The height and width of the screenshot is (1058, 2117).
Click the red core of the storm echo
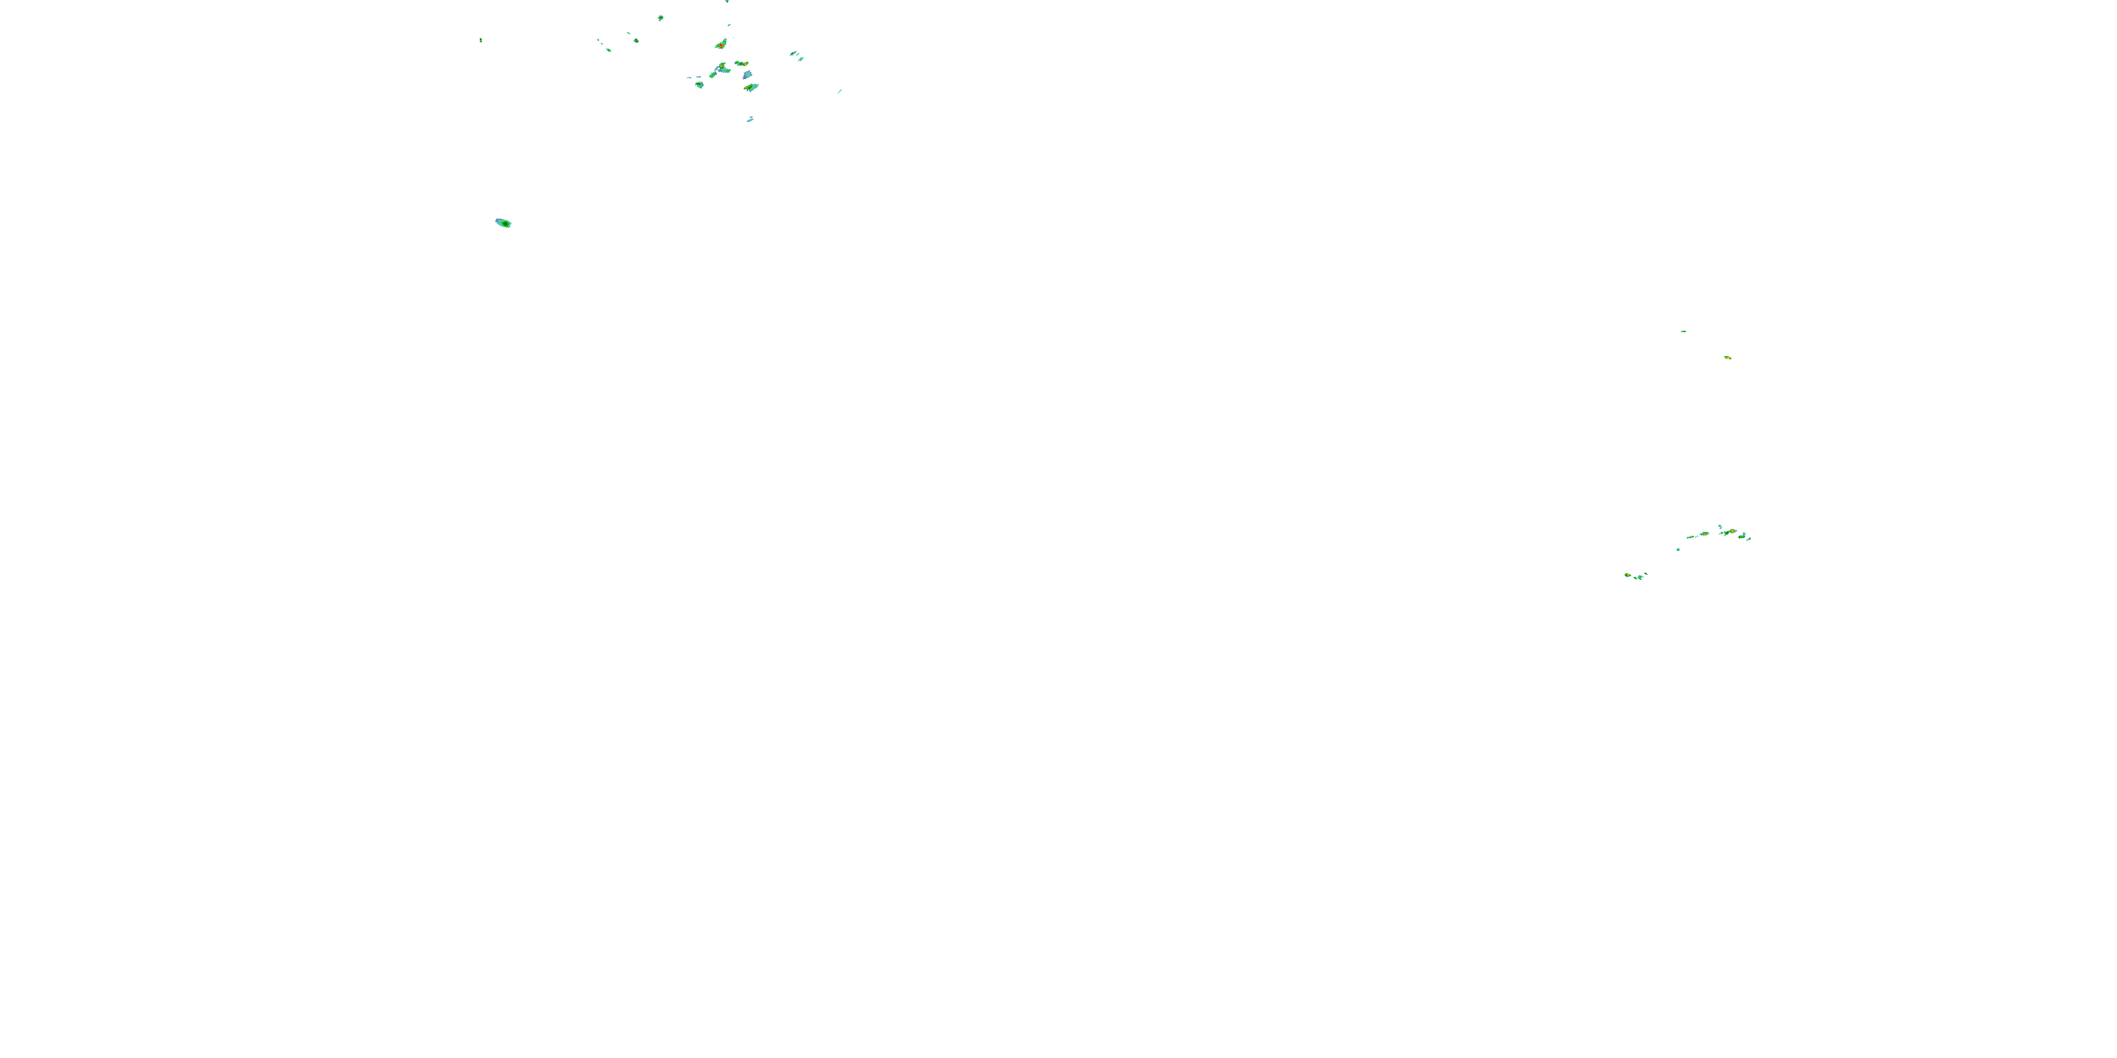click(x=722, y=45)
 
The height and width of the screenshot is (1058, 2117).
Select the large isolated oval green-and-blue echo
click(x=503, y=223)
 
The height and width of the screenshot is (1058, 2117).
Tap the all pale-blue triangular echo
click(x=748, y=75)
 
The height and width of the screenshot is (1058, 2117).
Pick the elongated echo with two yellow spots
click(x=742, y=63)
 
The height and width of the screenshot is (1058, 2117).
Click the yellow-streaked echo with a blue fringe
click(x=751, y=87)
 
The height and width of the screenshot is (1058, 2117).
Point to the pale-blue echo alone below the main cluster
click(x=750, y=120)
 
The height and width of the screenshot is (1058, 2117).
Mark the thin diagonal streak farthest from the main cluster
click(x=840, y=92)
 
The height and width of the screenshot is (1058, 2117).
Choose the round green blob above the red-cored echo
click(x=729, y=25)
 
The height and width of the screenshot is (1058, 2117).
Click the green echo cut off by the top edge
click(x=728, y=1)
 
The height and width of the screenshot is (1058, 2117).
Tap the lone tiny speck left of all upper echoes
click(x=481, y=39)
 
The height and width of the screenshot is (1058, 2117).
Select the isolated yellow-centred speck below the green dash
click(x=1727, y=358)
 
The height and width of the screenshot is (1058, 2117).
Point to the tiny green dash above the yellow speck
click(x=1683, y=331)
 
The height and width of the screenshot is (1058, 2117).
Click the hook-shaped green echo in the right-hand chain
click(x=1720, y=527)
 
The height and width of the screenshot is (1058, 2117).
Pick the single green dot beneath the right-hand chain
click(x=1678, y=549)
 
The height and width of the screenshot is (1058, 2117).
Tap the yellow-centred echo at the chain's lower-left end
click(x=1628, y=575)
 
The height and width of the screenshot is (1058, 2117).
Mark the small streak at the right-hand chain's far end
click(x=1749, y=539)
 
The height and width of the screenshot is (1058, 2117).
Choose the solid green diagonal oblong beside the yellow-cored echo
click(x=713, y=75)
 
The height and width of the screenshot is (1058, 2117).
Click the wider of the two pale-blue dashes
click(x=699, y=77)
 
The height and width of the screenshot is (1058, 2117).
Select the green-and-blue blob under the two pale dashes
click(x=699, y=85)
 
